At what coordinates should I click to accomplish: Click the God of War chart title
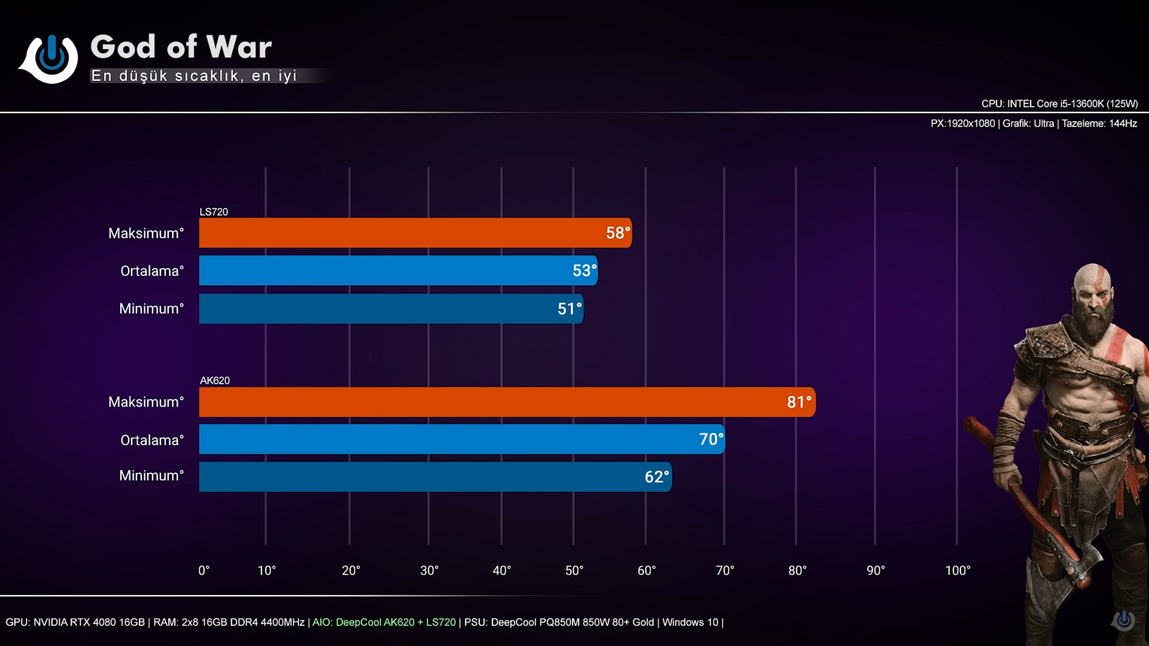pyautogui.click(x=181, y=47)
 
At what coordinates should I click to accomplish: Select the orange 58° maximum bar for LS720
pyautogui.click(x=415, y=233)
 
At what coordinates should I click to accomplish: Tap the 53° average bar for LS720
pyautogui.click(x=398, y=270)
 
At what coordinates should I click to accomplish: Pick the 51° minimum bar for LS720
pyautogui.click(x=391, y=309)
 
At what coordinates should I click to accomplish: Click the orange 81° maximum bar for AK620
pyautogui.click(x=507, y=402)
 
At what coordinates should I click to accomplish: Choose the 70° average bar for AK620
pyautogui.click(x=461, y=439)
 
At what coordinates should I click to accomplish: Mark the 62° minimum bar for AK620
pyautogui.click(x=435, y=477)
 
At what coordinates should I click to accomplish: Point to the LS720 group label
pyautogui.click(x=214, y=212)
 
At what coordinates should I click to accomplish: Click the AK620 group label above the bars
pyautogui.click(x=215, y=380)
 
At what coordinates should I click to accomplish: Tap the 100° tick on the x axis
pyautogui.click(x=957, y=571)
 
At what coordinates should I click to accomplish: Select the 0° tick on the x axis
pyautogui.click(x=203, y=571)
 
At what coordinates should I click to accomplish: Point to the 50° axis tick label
pyautogui.click(x=574, y=571)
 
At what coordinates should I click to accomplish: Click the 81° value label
pyautogui.click(x=799, y=402)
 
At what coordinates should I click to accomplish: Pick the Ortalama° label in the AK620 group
pyautogui.click(x=152, y=440)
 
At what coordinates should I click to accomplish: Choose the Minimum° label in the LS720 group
pyautogui.click(x=151, y=309)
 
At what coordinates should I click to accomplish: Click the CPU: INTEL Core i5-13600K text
pyautogui.click(x=1059, y=103)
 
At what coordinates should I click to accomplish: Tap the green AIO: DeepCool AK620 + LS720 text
pyautogui.click(x=384, y=622)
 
